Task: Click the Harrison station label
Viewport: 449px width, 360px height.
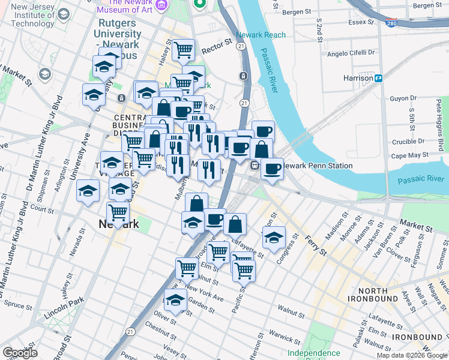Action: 358,78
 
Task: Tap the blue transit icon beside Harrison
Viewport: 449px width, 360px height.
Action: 379,78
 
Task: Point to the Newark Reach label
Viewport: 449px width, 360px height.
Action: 261,35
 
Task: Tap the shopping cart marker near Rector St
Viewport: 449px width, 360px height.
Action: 184,50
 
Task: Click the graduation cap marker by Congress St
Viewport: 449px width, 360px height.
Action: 274,238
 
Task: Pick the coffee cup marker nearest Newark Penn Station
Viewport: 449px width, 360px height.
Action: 272,169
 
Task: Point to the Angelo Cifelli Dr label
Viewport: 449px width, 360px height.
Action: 351,53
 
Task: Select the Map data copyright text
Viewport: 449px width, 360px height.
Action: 411,355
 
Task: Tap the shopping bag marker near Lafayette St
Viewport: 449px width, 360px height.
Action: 235,224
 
